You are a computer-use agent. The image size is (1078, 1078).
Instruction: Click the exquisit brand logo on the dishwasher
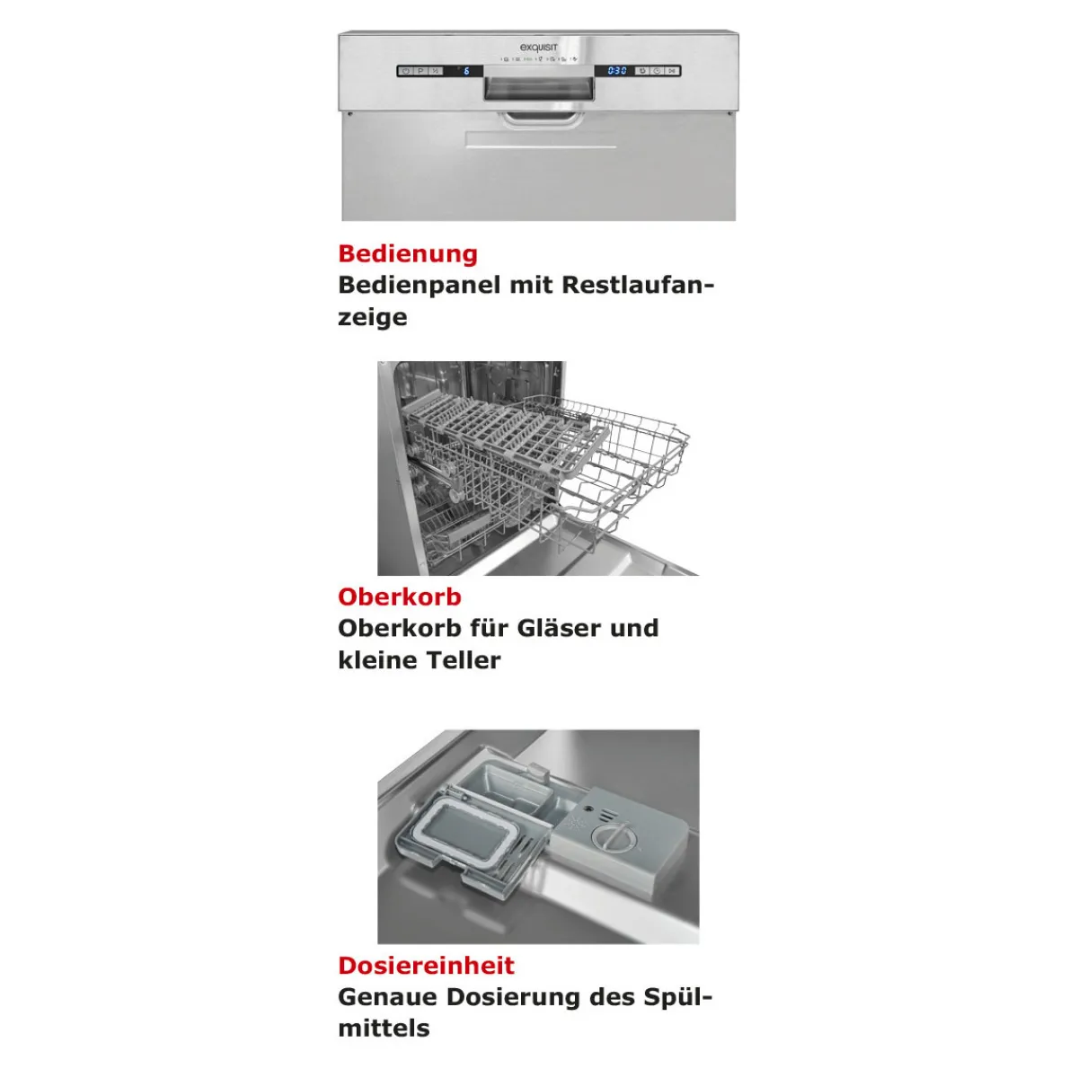(538, 49)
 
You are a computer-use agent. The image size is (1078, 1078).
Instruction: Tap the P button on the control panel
(420, 71)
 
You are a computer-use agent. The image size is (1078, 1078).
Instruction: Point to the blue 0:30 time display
(616, 71)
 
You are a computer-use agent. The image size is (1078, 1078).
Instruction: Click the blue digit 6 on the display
(465, 71)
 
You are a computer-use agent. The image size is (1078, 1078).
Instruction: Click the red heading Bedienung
(408, 254)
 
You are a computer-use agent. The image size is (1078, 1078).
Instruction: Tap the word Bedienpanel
(419, 286)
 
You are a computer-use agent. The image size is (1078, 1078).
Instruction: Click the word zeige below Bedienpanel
(373, 318)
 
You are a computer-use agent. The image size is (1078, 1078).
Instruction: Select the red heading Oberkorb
(400, 596)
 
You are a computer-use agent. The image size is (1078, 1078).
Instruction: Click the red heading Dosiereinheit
(427, 966)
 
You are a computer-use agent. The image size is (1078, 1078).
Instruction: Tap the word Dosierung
(513, 997)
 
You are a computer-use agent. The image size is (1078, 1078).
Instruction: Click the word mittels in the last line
(384, 1029)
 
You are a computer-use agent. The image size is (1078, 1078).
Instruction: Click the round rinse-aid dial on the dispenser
(611, 839)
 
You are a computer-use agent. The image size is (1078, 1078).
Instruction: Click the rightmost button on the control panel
(672, 71)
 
